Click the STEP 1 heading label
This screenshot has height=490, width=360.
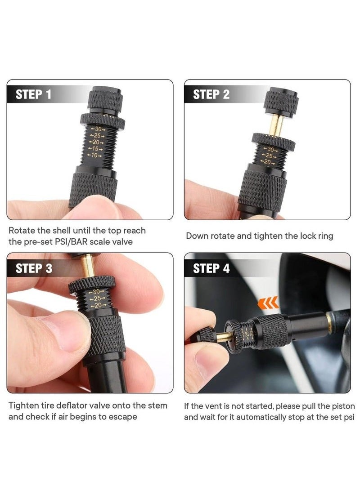click(33, 94)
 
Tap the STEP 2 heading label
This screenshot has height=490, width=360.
click(211, 94)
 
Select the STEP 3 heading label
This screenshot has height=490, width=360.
click(33, 268)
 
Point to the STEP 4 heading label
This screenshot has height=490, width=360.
click(211, 268)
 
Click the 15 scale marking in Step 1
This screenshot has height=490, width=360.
click(95, 149)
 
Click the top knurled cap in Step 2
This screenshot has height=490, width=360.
click(280, 102)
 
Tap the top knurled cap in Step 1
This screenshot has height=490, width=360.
click(104, 99)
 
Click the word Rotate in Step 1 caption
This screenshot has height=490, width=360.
click(23, 231)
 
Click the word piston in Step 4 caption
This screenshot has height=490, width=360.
click(342, 406)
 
